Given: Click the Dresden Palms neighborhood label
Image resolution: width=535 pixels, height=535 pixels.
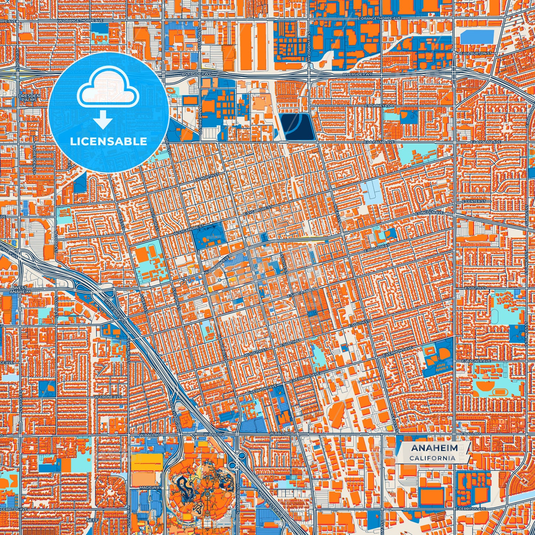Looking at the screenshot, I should coord(29,97).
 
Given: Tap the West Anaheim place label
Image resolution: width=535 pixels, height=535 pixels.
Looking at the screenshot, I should coord(20,290).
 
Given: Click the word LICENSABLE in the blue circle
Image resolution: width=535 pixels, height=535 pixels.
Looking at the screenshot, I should coord(108,141).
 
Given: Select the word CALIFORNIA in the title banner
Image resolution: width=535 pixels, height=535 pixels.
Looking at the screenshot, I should coord(432,458).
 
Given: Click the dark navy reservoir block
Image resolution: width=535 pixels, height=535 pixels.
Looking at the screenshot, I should coord(297,127).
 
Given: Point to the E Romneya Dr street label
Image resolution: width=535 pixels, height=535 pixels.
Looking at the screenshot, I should coord(379,106).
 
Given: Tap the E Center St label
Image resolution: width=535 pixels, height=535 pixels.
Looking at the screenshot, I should coord(474,201).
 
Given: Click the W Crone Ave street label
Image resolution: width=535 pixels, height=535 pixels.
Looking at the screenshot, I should coord(108,397).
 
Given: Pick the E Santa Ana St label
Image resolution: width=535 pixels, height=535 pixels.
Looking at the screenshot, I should coord(302,293).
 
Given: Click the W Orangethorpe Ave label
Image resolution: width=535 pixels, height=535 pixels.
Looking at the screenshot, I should coord(80,21).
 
